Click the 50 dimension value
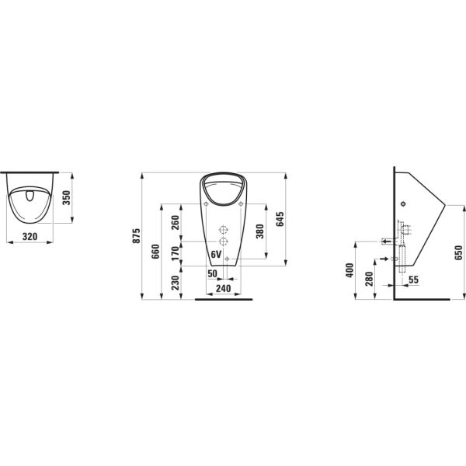211,273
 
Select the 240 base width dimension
223,288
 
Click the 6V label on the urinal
216,255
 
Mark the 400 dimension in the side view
350,269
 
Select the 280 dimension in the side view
370,278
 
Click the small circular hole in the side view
403,203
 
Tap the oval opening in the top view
30,196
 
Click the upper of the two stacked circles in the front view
223,231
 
